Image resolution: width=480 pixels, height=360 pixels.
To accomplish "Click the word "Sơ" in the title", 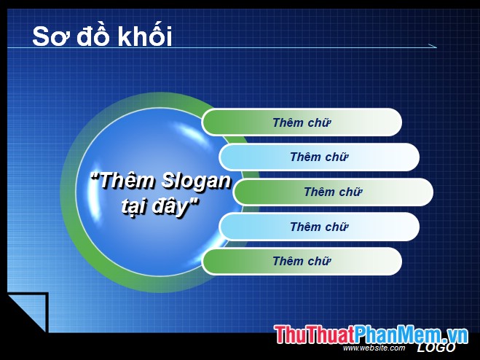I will [x=50, y=36].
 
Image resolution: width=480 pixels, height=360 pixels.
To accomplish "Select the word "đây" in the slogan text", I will [x=178, y=204].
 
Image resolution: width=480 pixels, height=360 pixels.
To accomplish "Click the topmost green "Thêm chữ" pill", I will [x=302, y=122].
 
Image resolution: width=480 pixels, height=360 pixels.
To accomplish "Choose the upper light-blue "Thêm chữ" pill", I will [x=319, y=157].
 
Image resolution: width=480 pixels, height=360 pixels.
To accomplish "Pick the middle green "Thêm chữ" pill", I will [x=333, y=192].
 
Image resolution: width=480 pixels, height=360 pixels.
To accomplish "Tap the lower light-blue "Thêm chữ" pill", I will [x=319, y=227].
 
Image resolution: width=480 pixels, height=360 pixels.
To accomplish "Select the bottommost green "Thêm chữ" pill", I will [x=302, y=261].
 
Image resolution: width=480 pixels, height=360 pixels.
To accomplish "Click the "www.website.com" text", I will [x=374, y=348].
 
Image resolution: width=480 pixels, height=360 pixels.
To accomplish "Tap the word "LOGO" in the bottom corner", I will [x=436, y=348].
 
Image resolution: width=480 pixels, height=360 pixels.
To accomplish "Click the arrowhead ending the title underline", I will [x=433, y=47].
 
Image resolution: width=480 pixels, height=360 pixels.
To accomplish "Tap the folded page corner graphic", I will [x=25, y=312].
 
